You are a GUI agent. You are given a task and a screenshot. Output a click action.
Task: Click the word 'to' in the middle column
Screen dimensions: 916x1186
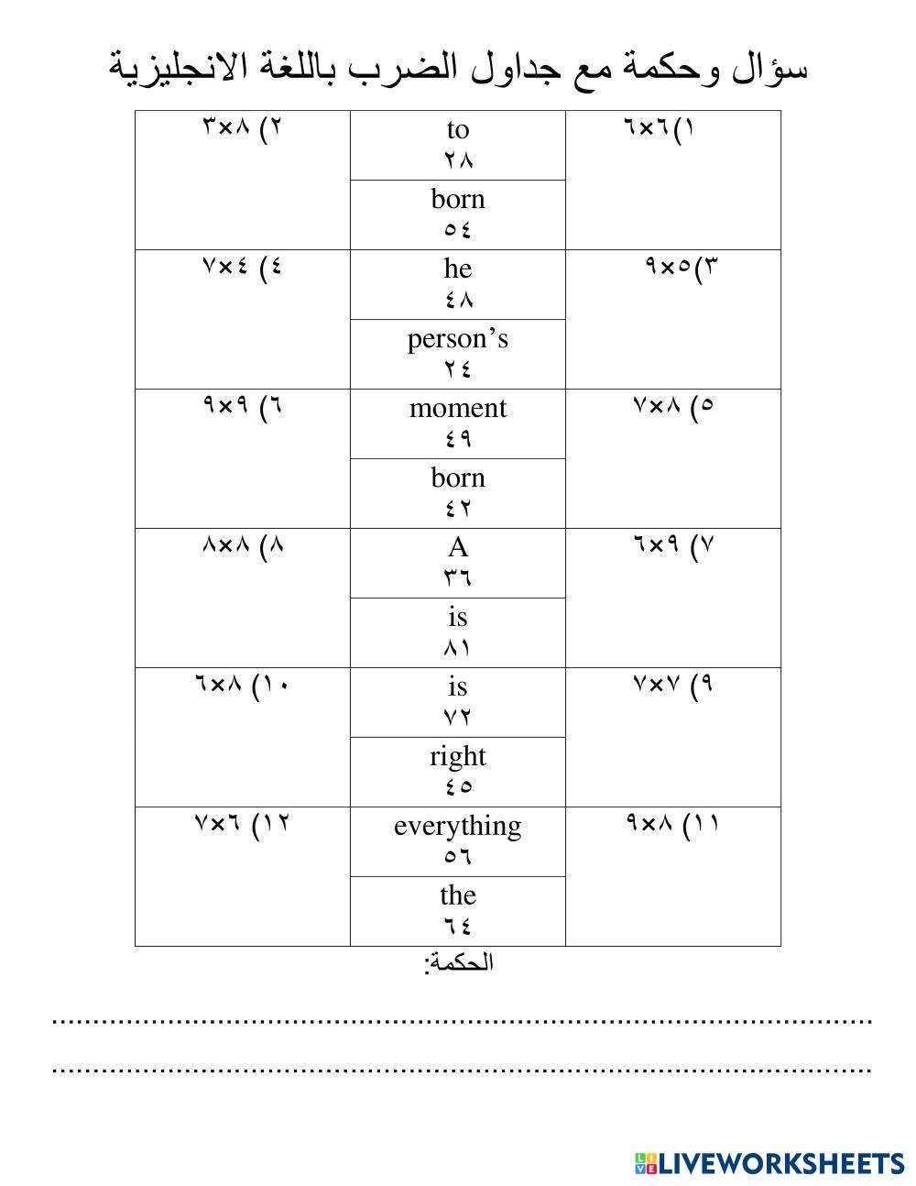coord(457,130)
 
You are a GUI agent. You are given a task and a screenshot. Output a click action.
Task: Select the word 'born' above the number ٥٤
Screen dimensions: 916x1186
coord(457,199)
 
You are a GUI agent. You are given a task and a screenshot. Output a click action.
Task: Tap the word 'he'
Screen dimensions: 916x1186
coord(457,269)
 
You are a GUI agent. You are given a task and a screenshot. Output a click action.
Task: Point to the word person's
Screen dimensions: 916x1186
coord(457,339)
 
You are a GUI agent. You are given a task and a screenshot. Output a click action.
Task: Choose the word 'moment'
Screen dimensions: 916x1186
coord(457,408)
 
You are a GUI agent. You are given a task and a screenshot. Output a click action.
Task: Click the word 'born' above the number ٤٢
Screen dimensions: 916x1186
coord(457,478)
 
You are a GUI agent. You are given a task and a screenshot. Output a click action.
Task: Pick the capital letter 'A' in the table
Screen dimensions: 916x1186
coord(457,547)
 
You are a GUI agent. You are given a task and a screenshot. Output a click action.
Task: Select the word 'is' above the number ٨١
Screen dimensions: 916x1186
coord(457,617)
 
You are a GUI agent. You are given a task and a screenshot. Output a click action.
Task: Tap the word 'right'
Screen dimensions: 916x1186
coord(457,756)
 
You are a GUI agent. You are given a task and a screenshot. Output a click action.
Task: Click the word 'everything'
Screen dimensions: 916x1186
coord(457,826)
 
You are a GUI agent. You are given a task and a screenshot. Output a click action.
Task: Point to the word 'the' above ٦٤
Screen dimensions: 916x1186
coord(457,895)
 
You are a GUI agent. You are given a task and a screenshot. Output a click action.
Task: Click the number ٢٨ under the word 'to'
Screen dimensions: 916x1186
coord(457,160)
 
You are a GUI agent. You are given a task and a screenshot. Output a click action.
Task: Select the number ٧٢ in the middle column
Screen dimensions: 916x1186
coord(457,717)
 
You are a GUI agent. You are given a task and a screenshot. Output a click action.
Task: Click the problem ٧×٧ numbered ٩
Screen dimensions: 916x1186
coord(672,683)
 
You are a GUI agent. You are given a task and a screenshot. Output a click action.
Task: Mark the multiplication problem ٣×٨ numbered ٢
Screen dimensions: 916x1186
coord(242,126)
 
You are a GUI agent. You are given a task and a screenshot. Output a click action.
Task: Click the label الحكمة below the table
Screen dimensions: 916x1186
coord(458,962)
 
